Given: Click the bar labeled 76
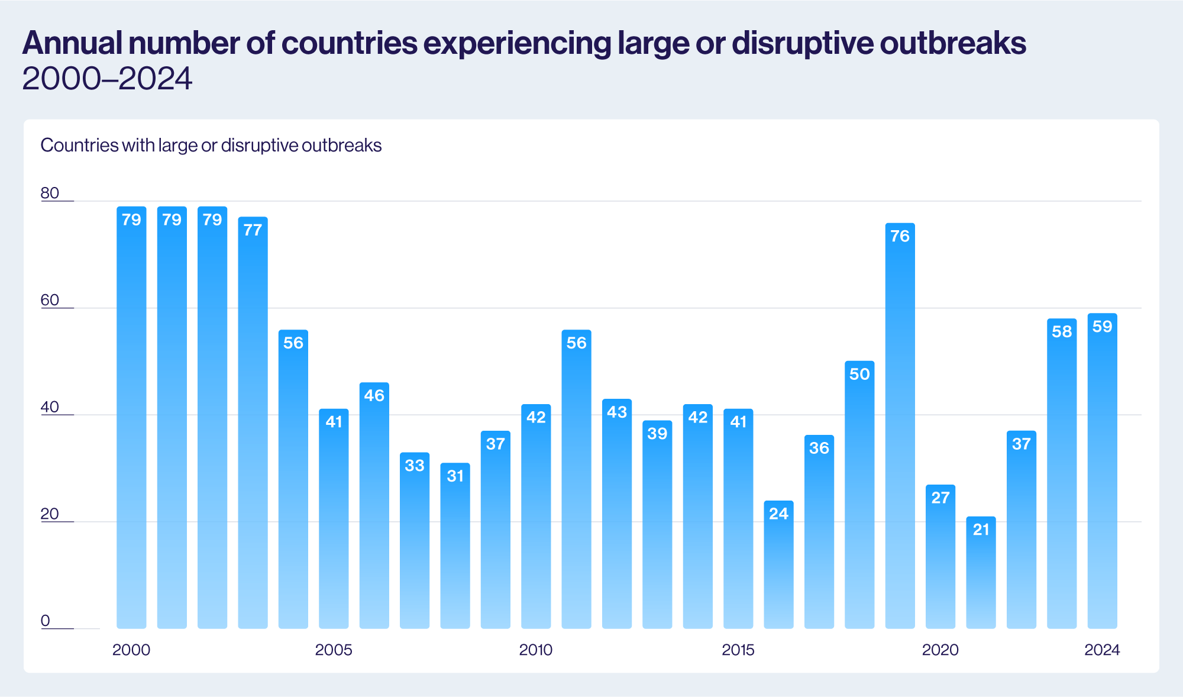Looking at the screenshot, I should (900, 426).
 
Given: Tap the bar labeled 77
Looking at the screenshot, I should (253, 423).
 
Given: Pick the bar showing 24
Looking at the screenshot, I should (778, 565).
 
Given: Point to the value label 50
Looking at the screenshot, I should (859, 374).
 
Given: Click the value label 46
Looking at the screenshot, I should (374, 395).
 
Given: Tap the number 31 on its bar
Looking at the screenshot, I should (455, 476).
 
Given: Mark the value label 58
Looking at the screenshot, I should (1062, 331).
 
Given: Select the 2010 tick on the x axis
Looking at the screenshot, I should (535, 650).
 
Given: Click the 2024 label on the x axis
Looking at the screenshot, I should (1102, 650).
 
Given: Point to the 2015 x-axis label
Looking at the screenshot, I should (738, 650).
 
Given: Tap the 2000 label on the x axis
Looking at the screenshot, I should (131, 650).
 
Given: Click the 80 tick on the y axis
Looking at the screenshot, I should (50, 193).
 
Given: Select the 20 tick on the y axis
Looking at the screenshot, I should (50, 514).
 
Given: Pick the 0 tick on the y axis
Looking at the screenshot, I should (46, 621).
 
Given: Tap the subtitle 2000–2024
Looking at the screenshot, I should (107, 78).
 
